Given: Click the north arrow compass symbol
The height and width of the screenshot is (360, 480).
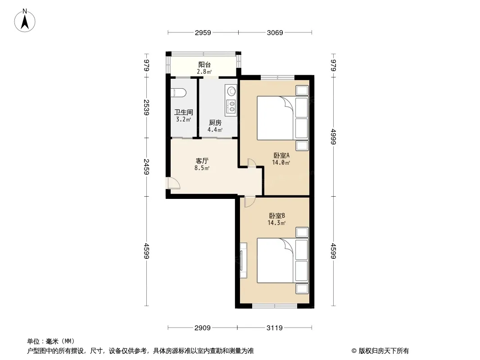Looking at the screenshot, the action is (25, 20).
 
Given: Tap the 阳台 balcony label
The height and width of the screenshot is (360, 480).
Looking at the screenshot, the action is (204, 64).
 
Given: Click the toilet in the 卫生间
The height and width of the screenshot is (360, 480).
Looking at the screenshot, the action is (178, 93).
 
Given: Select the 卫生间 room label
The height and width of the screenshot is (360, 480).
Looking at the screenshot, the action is (184, 112).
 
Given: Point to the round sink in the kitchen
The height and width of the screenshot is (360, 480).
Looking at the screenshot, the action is (231, 90).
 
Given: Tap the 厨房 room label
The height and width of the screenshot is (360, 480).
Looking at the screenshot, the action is (215, 123).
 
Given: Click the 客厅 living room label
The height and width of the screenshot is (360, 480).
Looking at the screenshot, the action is (202, 161).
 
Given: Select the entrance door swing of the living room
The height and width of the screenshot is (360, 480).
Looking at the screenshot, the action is (173, 183).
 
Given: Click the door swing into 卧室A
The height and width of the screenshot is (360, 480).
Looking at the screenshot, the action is (252, 163).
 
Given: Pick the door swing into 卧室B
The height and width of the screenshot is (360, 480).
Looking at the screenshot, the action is (249, 202).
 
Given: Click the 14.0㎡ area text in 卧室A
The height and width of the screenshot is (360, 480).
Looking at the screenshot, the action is (281, 162).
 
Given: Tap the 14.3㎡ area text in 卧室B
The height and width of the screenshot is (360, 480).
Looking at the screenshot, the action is (277, 223).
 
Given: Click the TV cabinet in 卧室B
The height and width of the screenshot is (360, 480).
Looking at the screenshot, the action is (243, 260).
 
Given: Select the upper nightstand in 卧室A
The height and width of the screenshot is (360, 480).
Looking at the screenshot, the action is (302, 90).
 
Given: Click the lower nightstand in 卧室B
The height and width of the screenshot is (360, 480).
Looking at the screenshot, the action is (302, 288).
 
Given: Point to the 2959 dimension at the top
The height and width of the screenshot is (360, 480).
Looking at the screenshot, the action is (203, 32).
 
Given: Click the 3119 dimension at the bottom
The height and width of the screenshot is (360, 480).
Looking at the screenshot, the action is (275, 328).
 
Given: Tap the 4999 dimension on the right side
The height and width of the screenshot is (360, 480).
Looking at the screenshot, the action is (334, 137).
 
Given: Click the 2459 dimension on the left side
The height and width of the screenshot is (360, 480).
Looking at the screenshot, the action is (146, 166).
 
